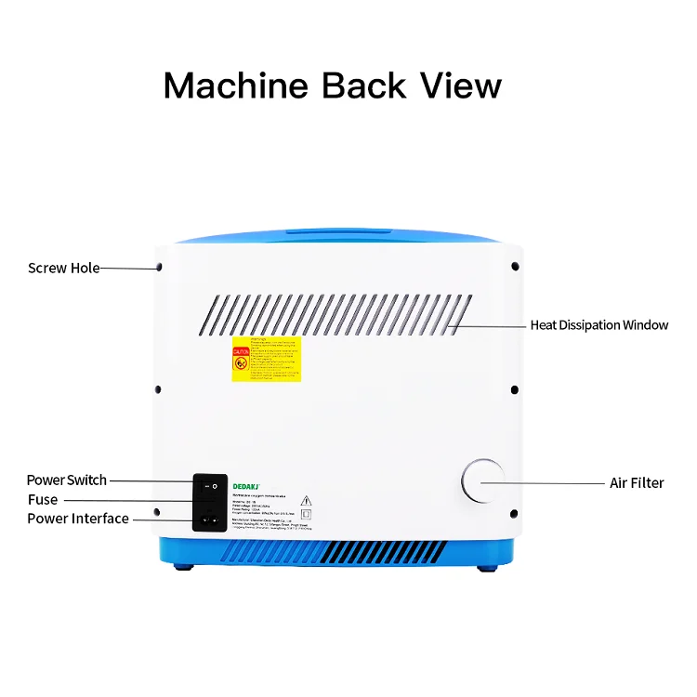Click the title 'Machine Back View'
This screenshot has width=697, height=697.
(x=333, y=85)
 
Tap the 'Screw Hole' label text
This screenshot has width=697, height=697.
(x=63, y=268)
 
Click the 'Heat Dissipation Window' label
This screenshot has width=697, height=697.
(x=598, y=325)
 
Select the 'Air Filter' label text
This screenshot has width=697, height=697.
(x=637, y=482)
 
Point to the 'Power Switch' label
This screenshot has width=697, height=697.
(x=66, y=480)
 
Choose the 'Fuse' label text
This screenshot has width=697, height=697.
(x=43, y=500)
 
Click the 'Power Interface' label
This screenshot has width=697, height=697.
(x=78, y=519)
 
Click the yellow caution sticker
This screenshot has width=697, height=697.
(x=267, y=359)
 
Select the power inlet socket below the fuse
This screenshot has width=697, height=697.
(x=210, y=518)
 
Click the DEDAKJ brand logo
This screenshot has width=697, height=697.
(x=245, y=484)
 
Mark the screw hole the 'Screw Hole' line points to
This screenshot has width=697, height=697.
(x=160, y=268)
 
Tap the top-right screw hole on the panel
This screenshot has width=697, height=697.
(x=515, y=267)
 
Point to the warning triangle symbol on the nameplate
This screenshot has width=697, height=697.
(x=306, y=499)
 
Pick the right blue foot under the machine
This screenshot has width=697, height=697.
(x=484, y=568)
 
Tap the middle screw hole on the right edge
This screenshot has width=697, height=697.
(x=515, y=389)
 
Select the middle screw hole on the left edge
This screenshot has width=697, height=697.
(x=159, y=389)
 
